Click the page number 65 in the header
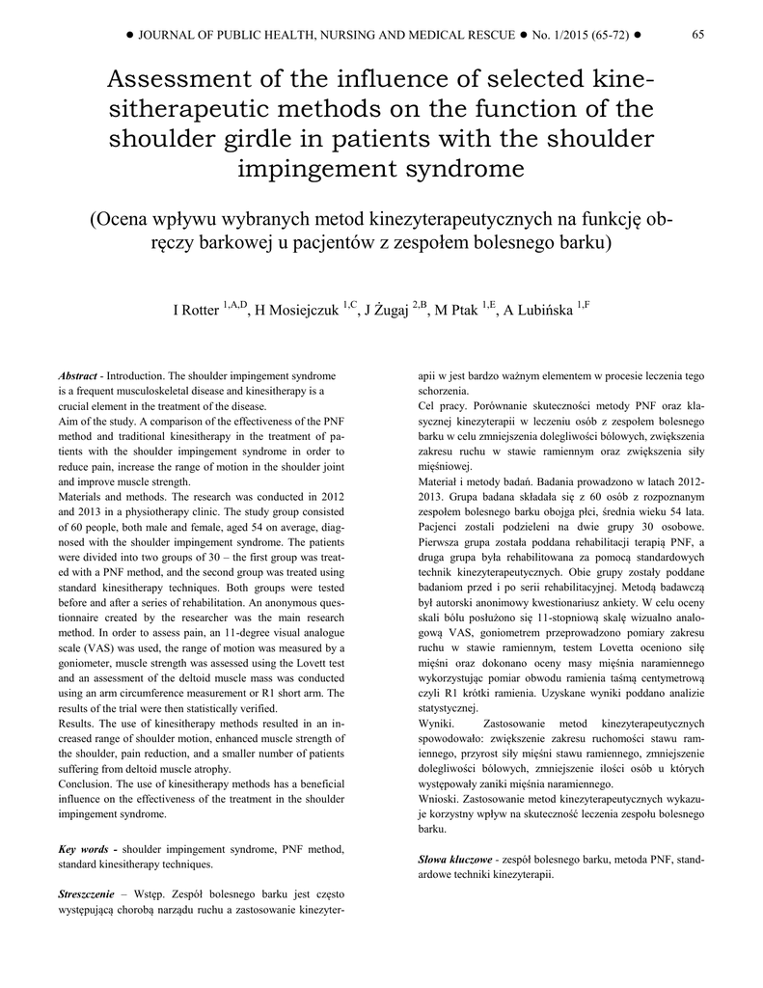click(698, 35)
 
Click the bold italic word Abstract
click(78, 374)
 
